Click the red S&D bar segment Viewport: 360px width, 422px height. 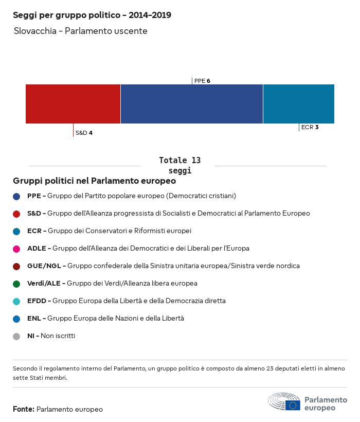pos(73,104)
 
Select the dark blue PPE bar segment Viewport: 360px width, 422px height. pos(191,104)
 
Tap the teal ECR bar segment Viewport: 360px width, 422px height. pos(298,104)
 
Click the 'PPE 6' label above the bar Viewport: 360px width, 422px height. pos(202,81)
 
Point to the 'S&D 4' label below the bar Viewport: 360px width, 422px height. pos(84,133)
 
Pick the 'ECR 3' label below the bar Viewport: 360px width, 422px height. pos(310,127)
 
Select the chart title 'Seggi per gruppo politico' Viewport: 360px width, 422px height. pos(92,15)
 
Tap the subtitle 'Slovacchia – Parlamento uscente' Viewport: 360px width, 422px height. pos(81,31)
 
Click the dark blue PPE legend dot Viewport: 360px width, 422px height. pos(16,196)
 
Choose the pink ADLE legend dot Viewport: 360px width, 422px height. pos(16,249)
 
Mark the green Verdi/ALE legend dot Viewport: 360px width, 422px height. pos(16,284)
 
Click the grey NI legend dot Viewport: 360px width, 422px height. pos(16,336)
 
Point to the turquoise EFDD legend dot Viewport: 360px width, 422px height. pos(16,301)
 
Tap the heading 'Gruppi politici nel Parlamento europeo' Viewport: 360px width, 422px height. pos(95,181)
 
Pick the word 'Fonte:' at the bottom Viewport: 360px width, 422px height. pos(24,409)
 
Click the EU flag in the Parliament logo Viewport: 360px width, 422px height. pos(293,405)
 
